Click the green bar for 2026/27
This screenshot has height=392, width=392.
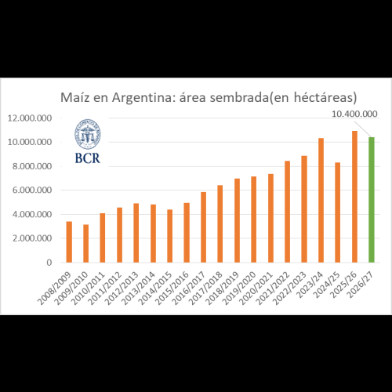[x=372, y=200]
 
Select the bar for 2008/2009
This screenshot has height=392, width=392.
[x=69, y=242]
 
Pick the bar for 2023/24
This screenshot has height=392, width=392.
[x=321, y=200]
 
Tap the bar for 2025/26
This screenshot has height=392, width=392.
[x=354, y=197]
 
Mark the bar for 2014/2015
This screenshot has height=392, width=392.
[x=170, y=236]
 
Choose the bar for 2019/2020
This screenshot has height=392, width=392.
[x=254, y=220]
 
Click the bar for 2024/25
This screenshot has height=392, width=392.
[x=338, y=212]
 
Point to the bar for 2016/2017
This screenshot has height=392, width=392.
[x=203, y=227]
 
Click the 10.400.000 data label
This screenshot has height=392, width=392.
[x=354, y=114]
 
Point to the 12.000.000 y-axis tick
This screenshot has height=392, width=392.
[x=30, y=118]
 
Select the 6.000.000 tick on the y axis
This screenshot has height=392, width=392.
[x=32, y=190]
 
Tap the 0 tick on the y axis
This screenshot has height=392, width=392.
[x=49, y=263]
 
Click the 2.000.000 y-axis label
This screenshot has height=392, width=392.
[x=32, y=238]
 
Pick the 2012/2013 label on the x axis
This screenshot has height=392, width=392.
[x=122, y=289]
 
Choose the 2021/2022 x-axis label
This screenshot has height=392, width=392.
[x=273, y=289]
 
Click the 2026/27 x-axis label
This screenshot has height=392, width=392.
[x=361, y=285]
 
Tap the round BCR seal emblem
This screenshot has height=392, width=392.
[x=88, y=134]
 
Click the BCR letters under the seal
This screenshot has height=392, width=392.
[x=88, y=158]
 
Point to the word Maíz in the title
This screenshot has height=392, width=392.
[x=75, y=97]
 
